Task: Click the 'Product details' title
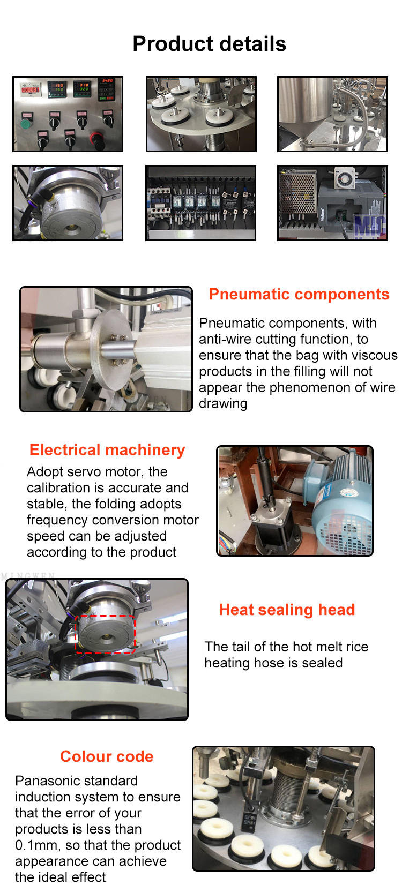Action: [209, 44]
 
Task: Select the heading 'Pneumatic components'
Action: [299, 294]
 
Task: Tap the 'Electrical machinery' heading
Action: [107, 450]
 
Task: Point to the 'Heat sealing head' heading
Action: [287, 610]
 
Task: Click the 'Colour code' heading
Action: [107, 756]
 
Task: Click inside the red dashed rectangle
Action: [105, 634]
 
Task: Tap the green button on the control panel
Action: [25, 123]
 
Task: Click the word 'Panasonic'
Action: [49, 781]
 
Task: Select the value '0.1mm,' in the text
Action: [38, 845]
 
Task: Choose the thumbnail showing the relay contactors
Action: [200, 202]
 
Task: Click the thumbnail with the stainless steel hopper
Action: [332, 114]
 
